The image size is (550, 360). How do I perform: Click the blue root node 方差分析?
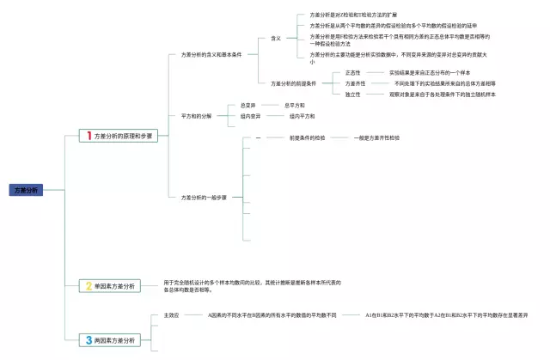[x=27, y=189]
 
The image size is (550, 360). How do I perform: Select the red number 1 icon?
[x=89, y=136]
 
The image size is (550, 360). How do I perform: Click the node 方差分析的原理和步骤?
[x=124, y=137]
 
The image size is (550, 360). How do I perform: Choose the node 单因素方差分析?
[x=115, y=285]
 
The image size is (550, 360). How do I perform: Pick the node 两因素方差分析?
[x=115, y=340]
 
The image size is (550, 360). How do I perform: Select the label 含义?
[x=276, y=39]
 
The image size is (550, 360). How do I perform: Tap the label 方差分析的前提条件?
[x=293, y=83]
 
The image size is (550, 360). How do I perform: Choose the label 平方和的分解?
[x=196, y=115]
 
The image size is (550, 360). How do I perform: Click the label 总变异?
[x=248, y=105]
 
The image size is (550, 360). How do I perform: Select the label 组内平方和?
[x=302, y=115]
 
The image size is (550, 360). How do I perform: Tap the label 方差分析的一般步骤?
[x=204, y=197]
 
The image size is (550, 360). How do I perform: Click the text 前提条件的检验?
[x=307, y=137]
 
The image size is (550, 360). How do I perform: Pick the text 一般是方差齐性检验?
[x=376, y=137]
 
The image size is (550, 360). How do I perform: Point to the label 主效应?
[x=171, y=315]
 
